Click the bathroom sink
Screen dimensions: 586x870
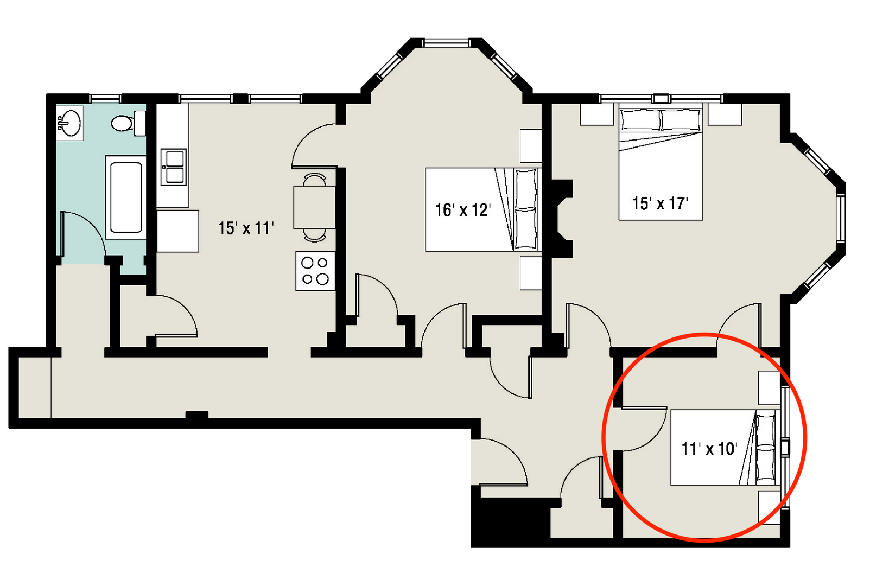69,123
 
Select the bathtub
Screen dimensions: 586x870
126,198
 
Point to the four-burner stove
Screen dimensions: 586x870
315,271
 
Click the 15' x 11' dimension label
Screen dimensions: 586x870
246,228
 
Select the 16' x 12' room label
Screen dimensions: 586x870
462,210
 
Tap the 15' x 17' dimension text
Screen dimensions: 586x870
660,203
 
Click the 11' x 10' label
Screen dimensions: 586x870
709,449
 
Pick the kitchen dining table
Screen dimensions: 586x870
314,207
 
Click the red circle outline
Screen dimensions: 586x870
604,437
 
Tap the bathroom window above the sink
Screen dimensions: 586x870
105,98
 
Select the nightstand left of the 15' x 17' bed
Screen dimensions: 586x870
596,114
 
